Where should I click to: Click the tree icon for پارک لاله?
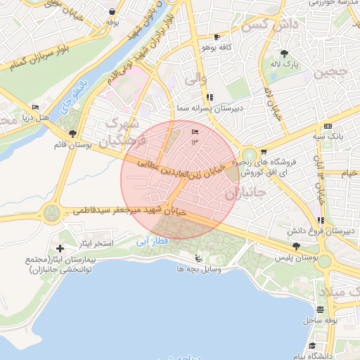[284, 53]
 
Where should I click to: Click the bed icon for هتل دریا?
[35, 108]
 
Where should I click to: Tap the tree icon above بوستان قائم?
[72, 134]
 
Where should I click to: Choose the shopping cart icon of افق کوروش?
[264, 151]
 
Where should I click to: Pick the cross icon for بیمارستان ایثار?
[60, 247]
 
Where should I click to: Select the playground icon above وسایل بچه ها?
[198, 257]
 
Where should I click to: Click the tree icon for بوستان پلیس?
[295, 246]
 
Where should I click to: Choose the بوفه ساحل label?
[323, 320]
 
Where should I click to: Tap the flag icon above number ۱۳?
[195, 132]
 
